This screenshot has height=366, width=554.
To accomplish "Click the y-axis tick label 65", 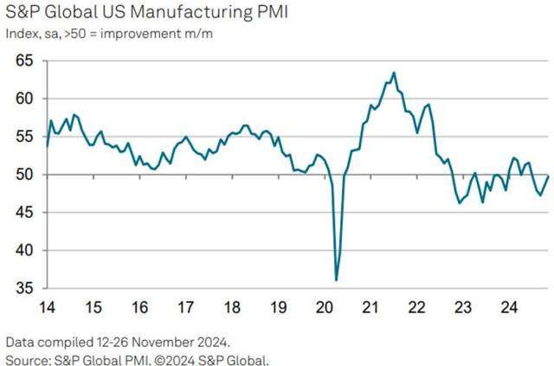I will [23, 61].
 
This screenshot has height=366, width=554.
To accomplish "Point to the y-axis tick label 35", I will [23, 288].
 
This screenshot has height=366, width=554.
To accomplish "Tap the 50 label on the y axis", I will [23, 175].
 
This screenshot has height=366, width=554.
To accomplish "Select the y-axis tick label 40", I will [23, 251].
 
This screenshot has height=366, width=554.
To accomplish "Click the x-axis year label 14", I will [47, 306].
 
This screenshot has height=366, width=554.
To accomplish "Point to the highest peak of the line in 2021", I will [394, 73].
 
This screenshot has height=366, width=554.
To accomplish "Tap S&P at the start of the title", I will [23, 15].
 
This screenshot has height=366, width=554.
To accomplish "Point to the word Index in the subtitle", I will [21, 35].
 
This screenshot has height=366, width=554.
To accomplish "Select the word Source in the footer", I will [27, 358].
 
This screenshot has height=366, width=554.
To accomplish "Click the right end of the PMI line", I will [549, 176].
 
